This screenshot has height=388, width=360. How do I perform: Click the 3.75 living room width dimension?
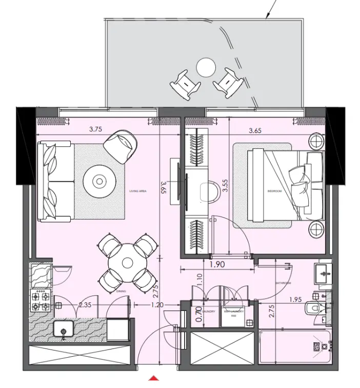point(95,130)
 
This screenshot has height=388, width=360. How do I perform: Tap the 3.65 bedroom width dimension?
point(255,131)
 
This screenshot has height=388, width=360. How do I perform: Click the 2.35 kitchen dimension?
point(85,305)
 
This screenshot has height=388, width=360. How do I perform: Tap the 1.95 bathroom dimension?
point(295,299)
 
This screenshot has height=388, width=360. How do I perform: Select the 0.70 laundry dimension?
point(199,314)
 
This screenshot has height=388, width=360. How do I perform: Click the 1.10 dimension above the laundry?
point(199,280)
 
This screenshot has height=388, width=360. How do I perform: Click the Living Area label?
point(138,191)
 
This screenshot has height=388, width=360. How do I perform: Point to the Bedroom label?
point(275,191)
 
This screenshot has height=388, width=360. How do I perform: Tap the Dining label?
point(121,291)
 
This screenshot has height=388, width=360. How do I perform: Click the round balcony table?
point(206,67)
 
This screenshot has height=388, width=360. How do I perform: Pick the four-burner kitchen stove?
point(41,301)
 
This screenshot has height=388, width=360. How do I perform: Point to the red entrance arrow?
point(153,379)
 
